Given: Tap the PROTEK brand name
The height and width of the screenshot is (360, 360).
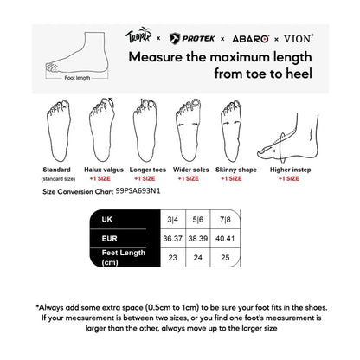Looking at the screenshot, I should [194, 38].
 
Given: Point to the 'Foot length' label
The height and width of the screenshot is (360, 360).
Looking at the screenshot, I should [76, 77].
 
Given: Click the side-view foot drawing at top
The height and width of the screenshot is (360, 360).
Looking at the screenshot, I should [76, 49].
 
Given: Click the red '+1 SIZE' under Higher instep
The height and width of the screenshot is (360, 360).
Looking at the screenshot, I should [286, 177].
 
